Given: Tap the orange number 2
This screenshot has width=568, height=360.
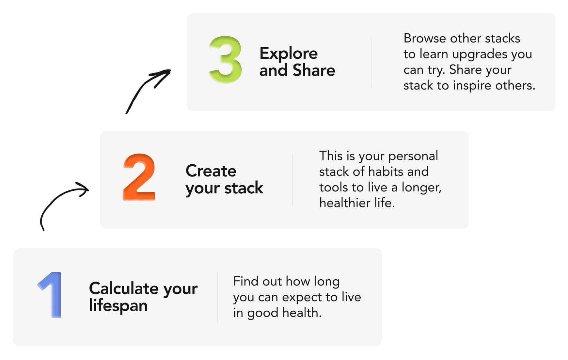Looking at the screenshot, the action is pos(139,177).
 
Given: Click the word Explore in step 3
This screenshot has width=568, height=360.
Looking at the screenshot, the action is pos(289,53).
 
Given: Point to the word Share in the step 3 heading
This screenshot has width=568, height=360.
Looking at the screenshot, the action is pos(314,70).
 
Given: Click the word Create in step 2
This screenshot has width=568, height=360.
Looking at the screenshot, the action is pos(211,171).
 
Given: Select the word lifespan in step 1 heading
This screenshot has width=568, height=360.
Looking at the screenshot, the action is pos(118,306).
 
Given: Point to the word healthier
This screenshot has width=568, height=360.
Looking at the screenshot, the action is pos(345,203).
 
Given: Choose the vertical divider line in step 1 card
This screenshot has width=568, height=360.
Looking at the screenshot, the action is pos(218,297).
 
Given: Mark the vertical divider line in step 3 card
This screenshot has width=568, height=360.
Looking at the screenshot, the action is pos(372,62).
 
